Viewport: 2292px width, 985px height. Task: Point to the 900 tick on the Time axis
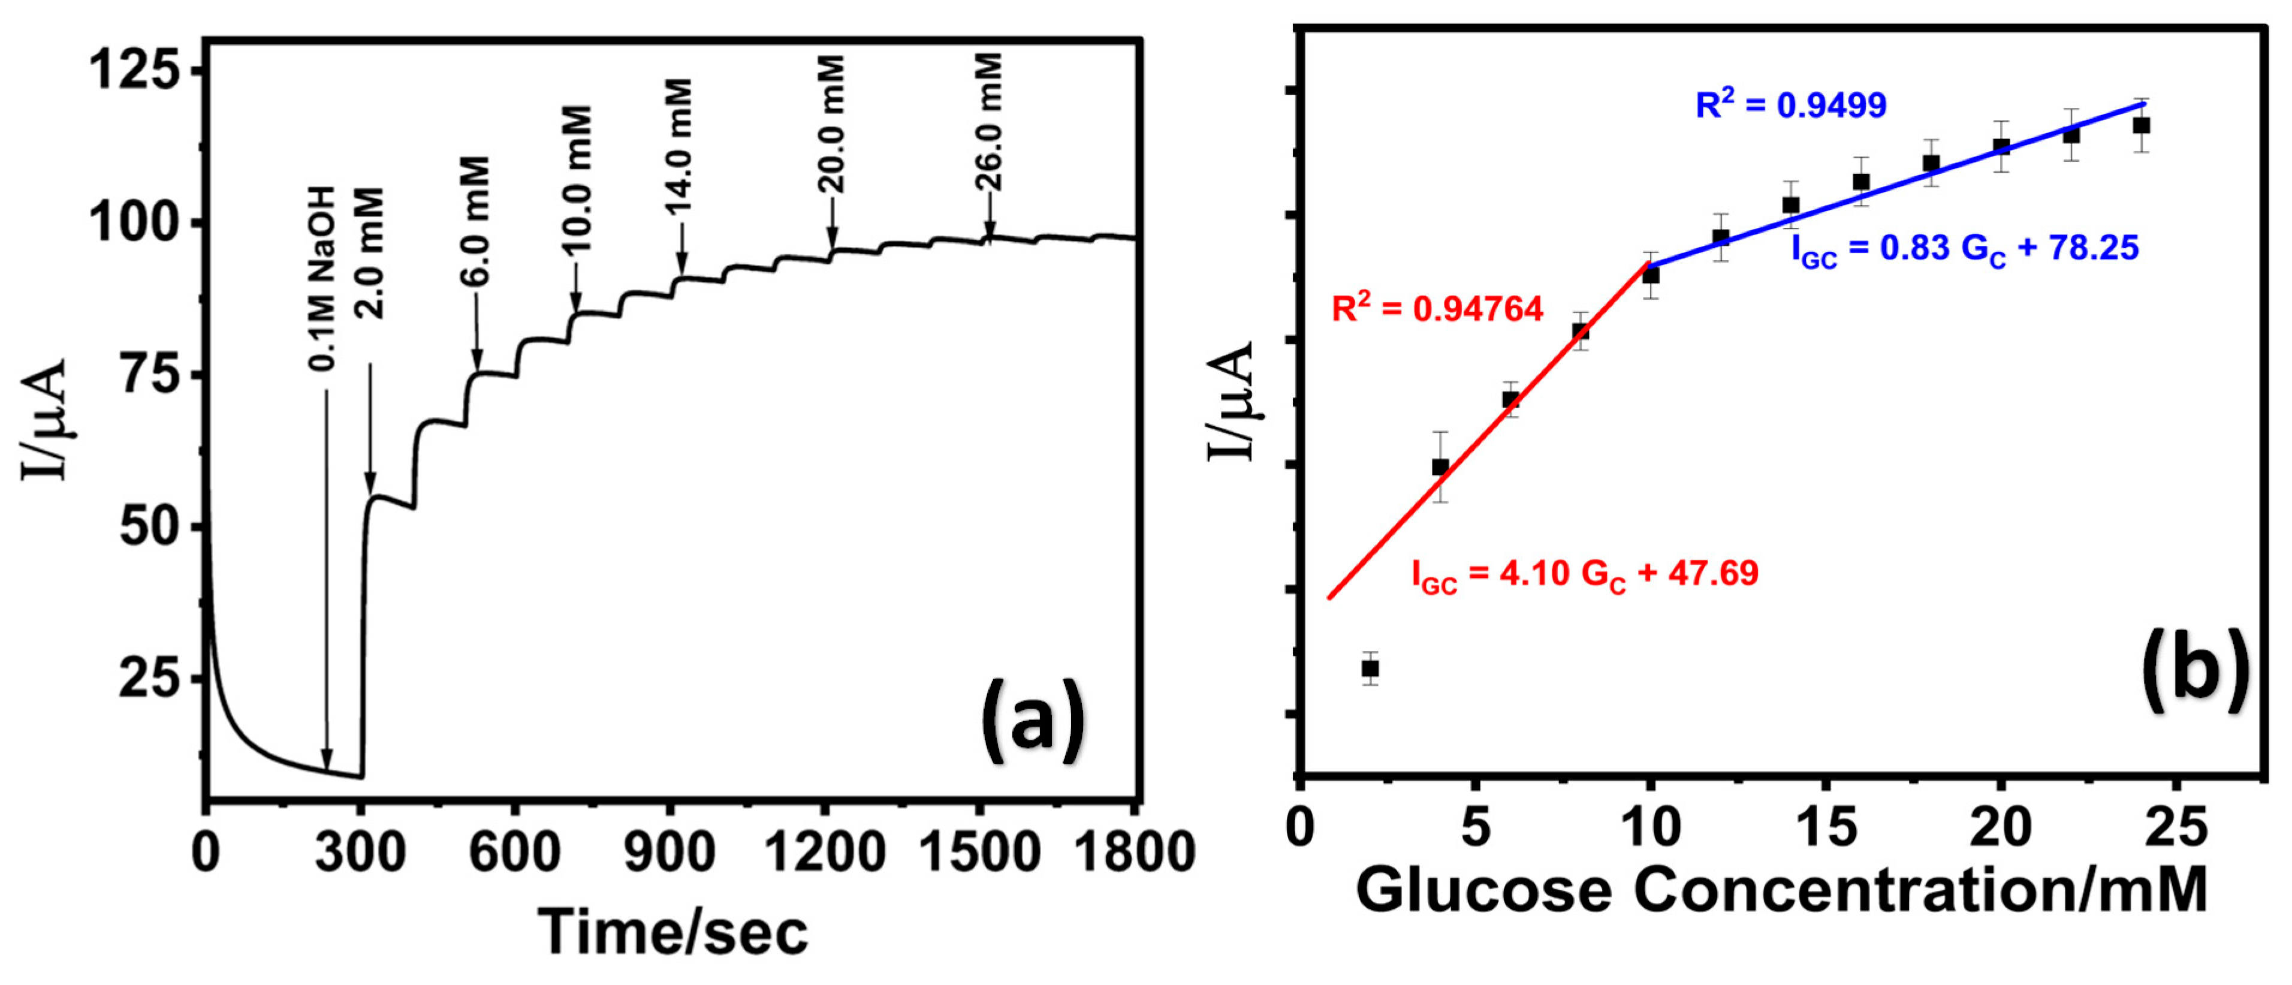pos(669,853)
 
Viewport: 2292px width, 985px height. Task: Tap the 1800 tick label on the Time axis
pos(1133,853)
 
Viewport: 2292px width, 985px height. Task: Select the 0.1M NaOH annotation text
pos(322,278)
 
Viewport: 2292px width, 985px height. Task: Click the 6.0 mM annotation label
pos(475,221)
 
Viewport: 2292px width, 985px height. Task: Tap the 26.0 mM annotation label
pos(988,122)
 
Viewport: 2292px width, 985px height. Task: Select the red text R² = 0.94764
pos(1437,309)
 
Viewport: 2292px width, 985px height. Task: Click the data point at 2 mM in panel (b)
pos(1370,668)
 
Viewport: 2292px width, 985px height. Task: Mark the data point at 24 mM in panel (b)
pos(2142,125)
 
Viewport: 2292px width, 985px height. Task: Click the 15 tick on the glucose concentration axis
pos(1826,827)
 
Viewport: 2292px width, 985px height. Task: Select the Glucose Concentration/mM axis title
pos(1781,890)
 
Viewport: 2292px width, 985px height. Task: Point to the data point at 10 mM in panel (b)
pos(1651,275)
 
